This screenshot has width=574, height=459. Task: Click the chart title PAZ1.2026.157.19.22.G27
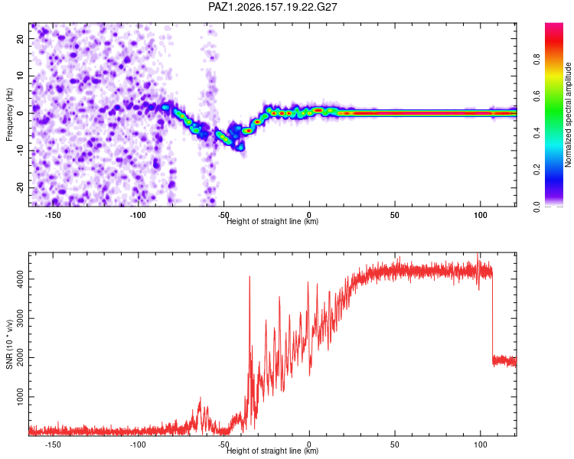pyautogui.click(x=272, y=7)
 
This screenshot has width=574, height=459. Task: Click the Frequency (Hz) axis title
pyautogui.click(x=9, y=115)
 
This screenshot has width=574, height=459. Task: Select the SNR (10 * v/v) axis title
pyautogui.click(x=9, y=344)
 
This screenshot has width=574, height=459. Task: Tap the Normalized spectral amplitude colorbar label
pyautogui.click(x=568, y=115)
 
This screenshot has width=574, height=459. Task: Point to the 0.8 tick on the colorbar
pyautogui.click(x=536, y=59)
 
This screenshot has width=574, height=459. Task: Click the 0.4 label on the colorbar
pyautogui.click(x=536, y=133)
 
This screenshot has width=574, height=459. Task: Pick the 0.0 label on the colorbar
pyautogui.click(x=536, y=207)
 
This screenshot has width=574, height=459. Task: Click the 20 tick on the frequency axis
pyautogui.click(x=20, y=39)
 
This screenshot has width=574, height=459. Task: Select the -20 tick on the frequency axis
pyautogui.click(x=20, y=188)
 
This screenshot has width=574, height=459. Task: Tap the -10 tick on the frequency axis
pyautogui.click(x=20, y=151)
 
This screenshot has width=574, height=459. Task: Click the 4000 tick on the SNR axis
pyautogui.click(x=20, y=279)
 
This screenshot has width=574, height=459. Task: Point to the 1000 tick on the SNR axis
pyautogui.click(x=20, y=397)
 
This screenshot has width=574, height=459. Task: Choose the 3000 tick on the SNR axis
pyautogui.click(x=20, y=318)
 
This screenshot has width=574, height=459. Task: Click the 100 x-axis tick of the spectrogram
pyautogui.click(x=481, y=215)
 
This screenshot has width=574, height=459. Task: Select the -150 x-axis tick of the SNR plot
pyautogui.click(x=52, y=444)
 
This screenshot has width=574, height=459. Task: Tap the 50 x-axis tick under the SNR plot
pyautogui.click(x=395, y=444)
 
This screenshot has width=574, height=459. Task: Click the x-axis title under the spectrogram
pyautogui.click(x=272, y=221)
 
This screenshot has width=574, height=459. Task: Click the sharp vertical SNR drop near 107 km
pyautogui.click(x=492, y=314)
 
